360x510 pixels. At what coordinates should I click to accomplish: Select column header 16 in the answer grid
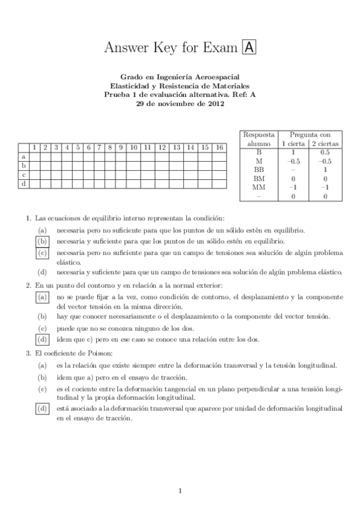(x=219, y=147)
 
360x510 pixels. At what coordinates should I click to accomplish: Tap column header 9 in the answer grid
(x=121, y=147)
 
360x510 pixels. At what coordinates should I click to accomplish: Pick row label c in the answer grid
(x=23, y=174)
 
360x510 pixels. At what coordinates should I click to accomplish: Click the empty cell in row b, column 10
(x=133, y=165)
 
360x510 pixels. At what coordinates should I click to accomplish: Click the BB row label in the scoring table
(x=259, y=170)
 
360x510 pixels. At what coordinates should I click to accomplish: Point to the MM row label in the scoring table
(x=259, y=187)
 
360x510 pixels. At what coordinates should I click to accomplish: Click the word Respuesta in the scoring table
(x=259, y=136)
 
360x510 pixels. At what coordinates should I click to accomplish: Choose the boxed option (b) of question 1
(x=42, y=241)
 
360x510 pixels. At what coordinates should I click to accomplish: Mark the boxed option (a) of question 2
(x=42, y=297)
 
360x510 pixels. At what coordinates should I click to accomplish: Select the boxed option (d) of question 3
(x=42, y=409)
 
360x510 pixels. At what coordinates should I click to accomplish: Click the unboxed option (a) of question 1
(x=42, y=230)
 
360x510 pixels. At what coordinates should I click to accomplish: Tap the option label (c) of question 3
(x=42, y=390)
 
